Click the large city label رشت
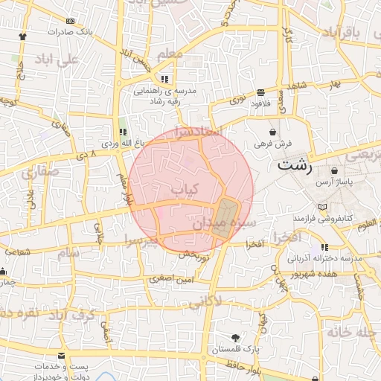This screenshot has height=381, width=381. pos(295,166)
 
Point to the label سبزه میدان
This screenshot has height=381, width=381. pos(222,222)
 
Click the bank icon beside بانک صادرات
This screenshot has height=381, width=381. pos(71,22)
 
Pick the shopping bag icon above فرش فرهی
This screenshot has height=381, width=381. pos(273,131)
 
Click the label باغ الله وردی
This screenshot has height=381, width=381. pos(120,141)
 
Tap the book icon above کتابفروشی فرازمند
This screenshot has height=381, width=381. pos(321,206)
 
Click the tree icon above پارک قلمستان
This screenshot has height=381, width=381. pos(236,337)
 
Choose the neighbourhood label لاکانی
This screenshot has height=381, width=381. pos(205,303)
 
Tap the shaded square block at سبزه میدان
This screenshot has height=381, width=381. pos(224,217)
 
